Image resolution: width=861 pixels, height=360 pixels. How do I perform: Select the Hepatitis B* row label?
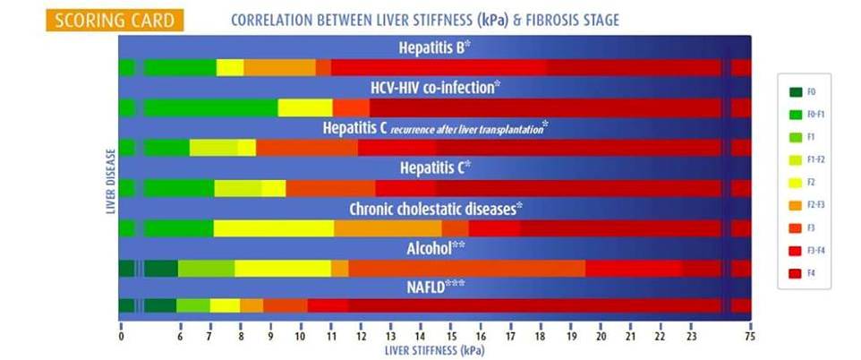(x=435, y=47)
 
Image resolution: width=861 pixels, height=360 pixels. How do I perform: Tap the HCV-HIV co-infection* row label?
(x=435, y=88)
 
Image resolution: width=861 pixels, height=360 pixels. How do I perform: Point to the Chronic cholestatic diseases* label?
(x=435, y=209)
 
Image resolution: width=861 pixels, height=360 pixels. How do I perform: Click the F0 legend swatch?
(x=795, y=91)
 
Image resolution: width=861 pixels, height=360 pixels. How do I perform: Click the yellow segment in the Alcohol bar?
(x=283, y=269)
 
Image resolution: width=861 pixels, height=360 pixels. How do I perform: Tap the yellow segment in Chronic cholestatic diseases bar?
(x=274, y=228)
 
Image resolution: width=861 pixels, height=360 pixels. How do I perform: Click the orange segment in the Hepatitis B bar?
(x=279, y=67)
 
